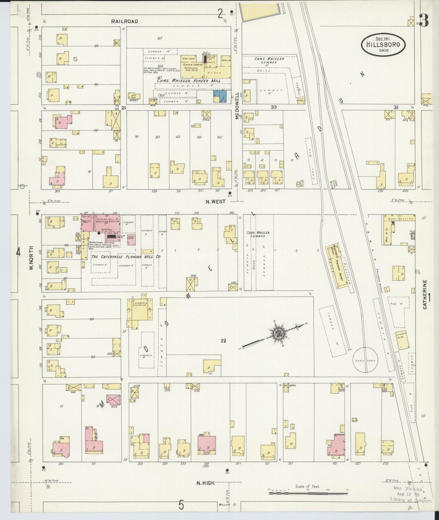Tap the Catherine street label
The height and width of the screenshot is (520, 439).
tap(425, 295)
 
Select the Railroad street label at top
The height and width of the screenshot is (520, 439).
tap(124, 21)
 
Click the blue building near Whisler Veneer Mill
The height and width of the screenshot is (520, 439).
tap(220, 96)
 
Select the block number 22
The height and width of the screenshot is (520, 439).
tap(223, 341)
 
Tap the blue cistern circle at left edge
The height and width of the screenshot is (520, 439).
tap(22, 187)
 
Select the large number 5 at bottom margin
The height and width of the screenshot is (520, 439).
tap(181, 505)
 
